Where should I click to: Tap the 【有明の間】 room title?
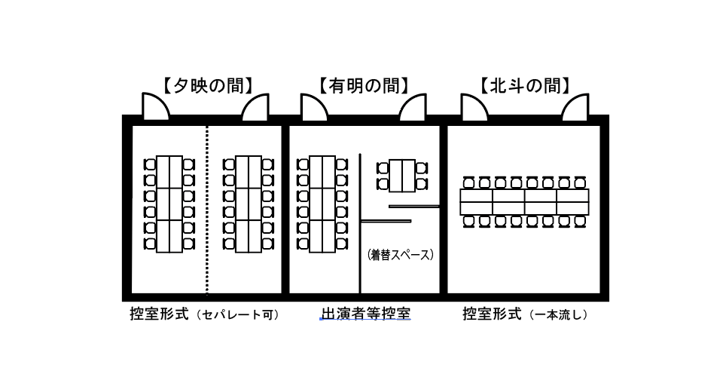click(x=365, y=85)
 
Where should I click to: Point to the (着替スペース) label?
click(x=401, y=255)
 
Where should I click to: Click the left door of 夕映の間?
click(x=154, y=108)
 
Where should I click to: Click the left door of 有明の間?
click(x=313, y=108)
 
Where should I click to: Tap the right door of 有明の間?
click(x=413, y=108)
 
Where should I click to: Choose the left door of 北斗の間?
click(x=473, y=108)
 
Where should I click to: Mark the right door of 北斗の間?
click(x=575, y=108)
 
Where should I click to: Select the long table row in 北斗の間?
click(x=524, y=202)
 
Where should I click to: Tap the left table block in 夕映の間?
click(x=169, y=204)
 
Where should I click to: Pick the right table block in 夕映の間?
click(x=249, y=204)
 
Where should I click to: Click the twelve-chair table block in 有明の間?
click(x=322, y=204)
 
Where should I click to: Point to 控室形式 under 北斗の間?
click(x=492, y=314)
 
